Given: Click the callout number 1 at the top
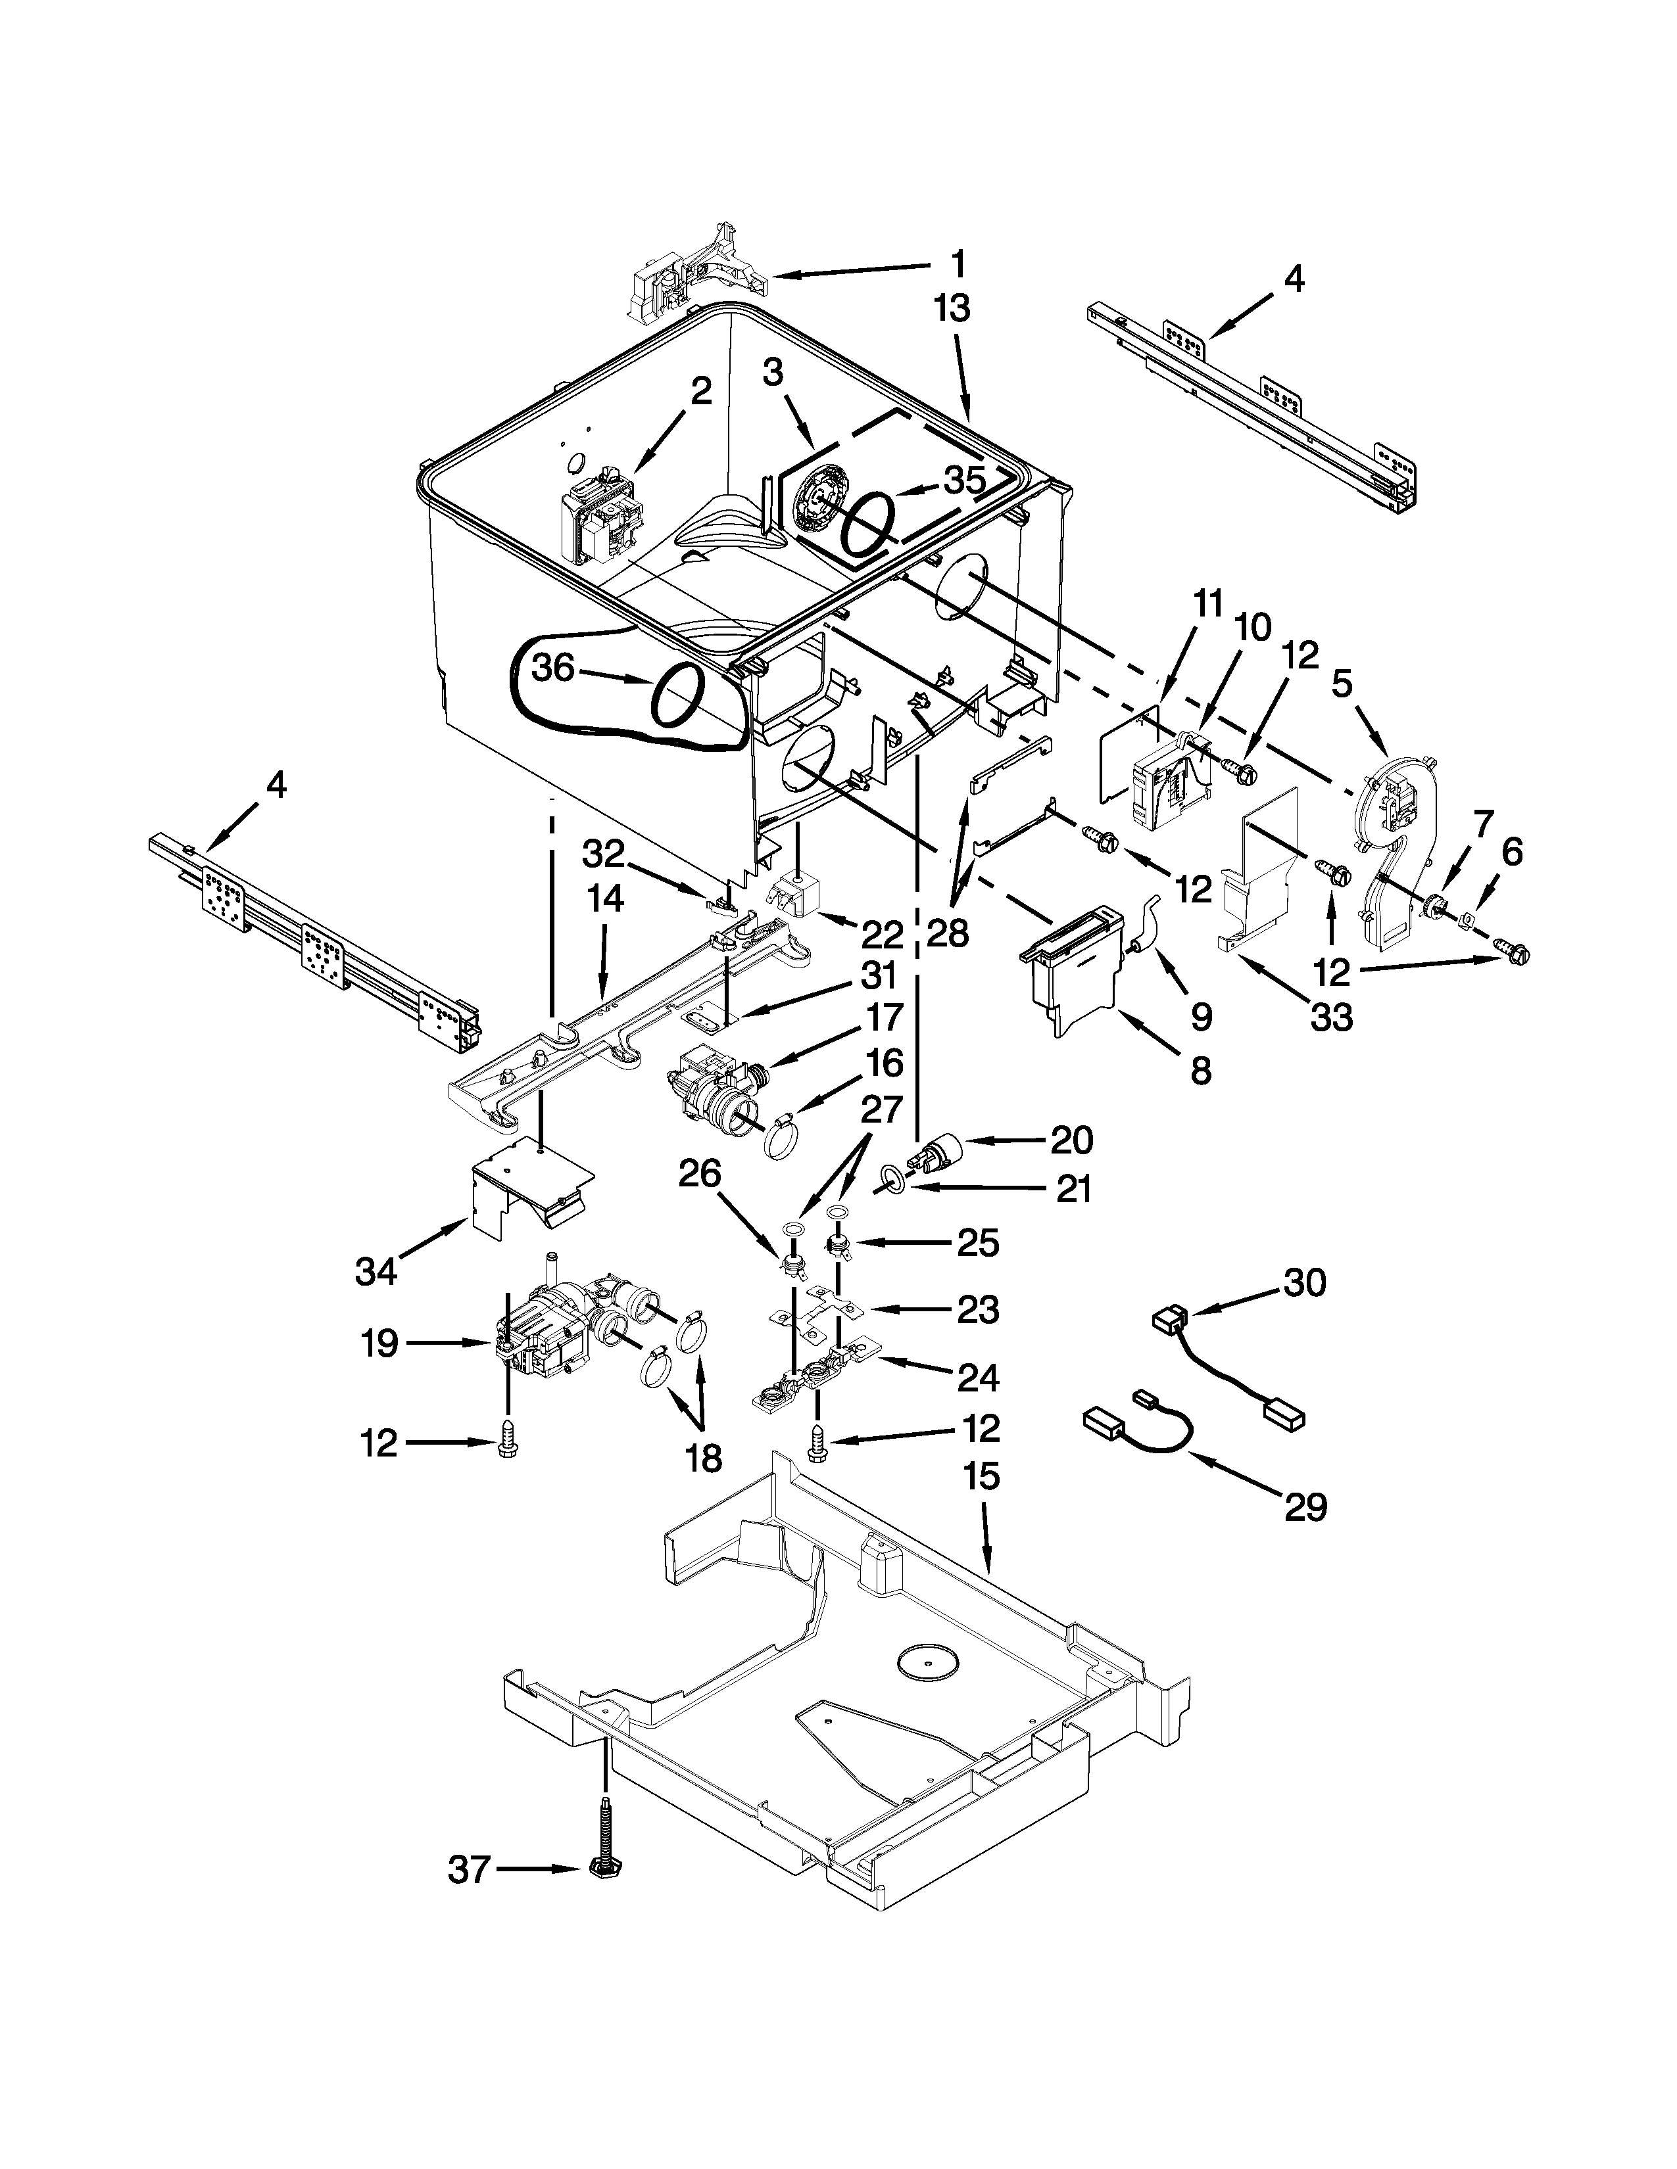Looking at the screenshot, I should (958, 264).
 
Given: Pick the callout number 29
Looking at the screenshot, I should (1305, 1508).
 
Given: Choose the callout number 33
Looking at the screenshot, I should (1330, 1016).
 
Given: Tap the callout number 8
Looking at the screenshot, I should (1201, 1069).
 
